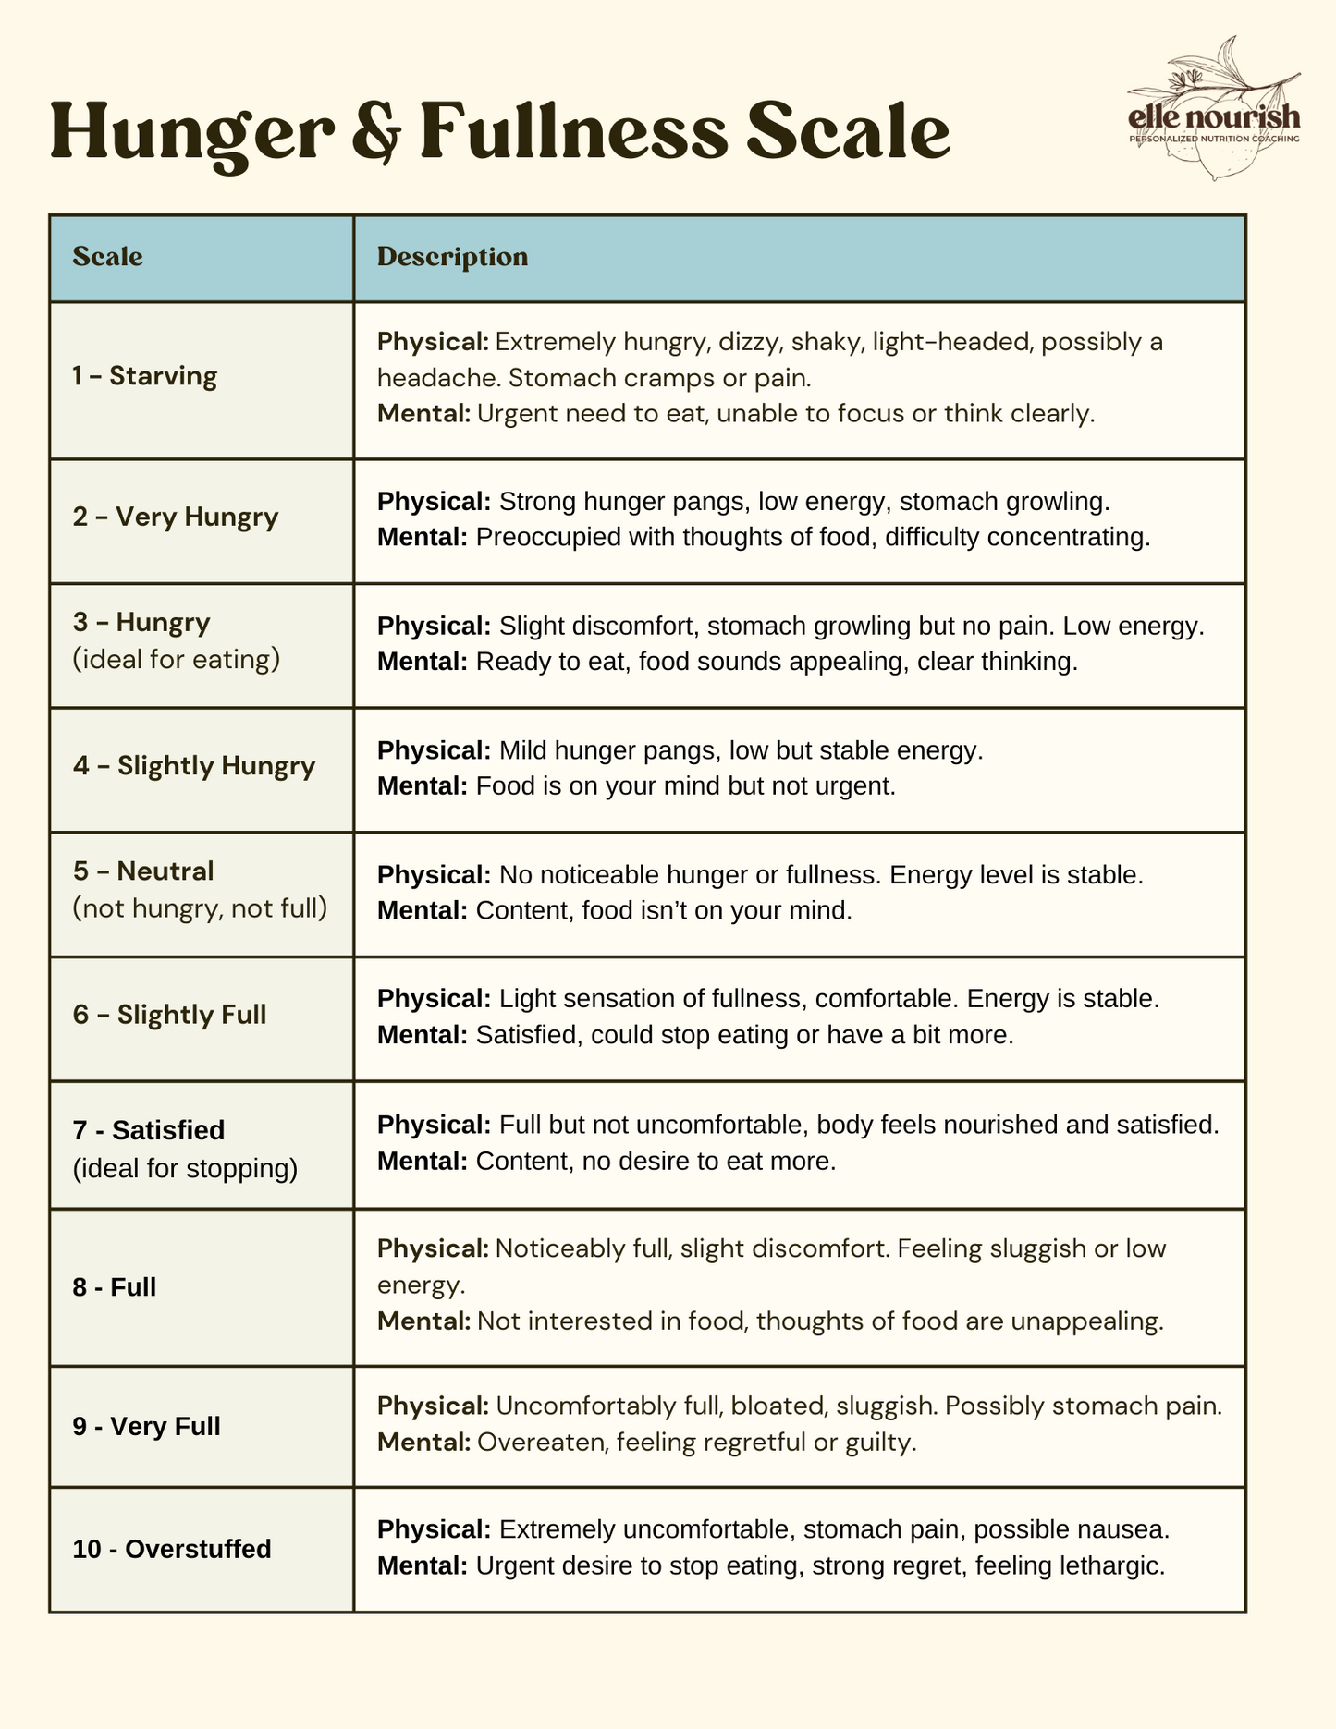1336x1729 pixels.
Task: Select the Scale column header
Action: coord(108,257)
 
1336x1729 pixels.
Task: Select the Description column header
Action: coord(452,257)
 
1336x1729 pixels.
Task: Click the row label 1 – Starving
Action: coord(145,376)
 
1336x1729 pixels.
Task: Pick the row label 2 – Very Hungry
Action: coord(176,517)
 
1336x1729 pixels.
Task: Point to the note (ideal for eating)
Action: coord(176,660)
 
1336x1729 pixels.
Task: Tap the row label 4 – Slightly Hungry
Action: coord(194,766)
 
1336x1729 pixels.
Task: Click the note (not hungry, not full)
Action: coord(200,908)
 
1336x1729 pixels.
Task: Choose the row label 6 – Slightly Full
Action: coord(169,1015)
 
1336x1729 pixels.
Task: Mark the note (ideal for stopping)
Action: coord(185,1168)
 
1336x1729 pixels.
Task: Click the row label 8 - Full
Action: coord(115,1286)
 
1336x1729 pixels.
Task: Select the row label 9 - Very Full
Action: coord(146,1426)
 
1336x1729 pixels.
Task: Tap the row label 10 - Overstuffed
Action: coord(172,1549)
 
